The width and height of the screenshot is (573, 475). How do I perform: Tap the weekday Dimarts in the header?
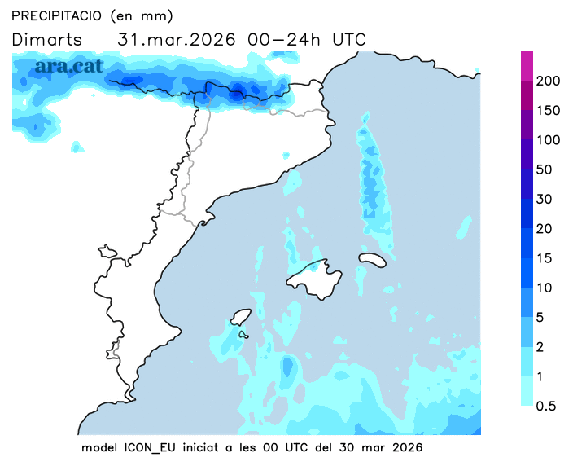[46, 39]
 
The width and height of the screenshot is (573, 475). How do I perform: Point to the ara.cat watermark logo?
[68, 67]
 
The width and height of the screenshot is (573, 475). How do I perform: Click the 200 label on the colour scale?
[549, 81]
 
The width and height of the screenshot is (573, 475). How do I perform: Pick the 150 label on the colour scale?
[549, 111]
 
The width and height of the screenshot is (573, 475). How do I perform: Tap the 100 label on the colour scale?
[549, 140]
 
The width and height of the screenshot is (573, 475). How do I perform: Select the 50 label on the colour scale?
[545, 169]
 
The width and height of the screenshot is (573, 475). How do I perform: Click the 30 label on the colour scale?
[545, 199]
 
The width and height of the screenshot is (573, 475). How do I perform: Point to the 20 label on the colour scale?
[545, 228]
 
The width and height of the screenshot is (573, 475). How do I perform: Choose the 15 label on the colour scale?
[545, 258]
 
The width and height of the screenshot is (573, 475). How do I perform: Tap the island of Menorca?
[372, 259]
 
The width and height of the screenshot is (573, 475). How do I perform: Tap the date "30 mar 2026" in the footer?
[384, 448]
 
